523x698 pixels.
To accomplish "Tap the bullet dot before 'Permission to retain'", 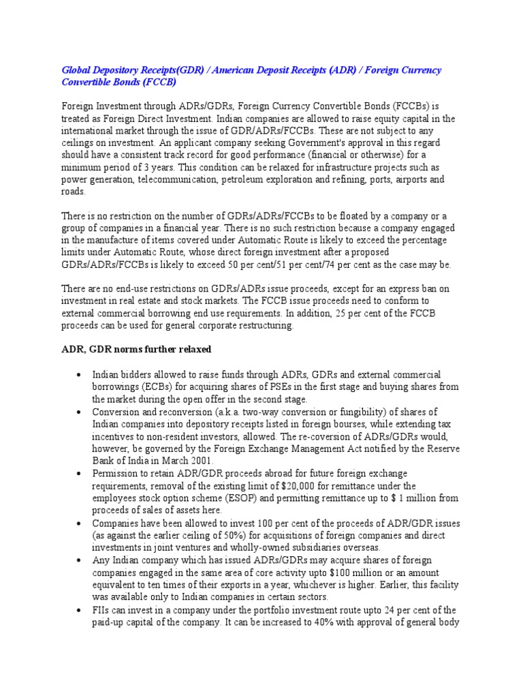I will [x=80, y=474].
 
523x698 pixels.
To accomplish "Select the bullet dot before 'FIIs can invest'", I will [x=80, y=610].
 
